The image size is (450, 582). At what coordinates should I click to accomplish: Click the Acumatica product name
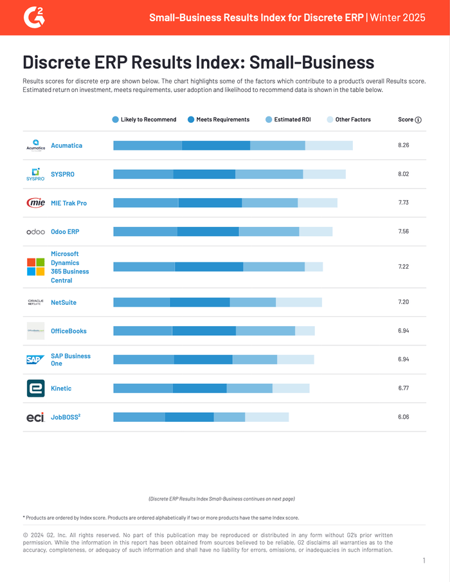pyautogui.click(x=66, y=145)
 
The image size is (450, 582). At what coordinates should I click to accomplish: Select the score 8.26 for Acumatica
pyautogui.click(x=404, y=145)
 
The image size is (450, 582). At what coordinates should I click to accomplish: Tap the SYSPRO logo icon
pyautogui.click(x=35, y=174)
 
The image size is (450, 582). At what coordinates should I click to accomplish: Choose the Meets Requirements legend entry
pyautogui.click(x=219, y=120)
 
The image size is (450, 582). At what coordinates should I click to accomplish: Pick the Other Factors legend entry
pyautogui.click(x=349, y=120)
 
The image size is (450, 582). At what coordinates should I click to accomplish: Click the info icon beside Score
pyautogui.click(x=419, y=120)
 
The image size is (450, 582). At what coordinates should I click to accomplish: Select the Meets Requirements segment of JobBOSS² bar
pyautogui.click(x=189, y=417)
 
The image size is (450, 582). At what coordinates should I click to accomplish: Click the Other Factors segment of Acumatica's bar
pyautogui.click(x=328, y=145)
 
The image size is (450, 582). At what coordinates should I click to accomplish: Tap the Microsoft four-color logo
pyautogui.click(x=35, y=267)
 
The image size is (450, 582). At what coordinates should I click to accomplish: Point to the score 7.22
pyautogui.click(x=404, y=266)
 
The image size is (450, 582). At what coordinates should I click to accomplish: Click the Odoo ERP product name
pyautogui.click(x=65, y=232)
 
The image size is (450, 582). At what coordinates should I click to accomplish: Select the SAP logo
pyautogui.click(x=35, y=359)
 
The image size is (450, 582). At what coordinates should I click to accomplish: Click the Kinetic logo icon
pyautogui.click(x=35, y=388)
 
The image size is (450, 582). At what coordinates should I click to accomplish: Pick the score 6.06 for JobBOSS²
pyautogui.click(x=404, y=417)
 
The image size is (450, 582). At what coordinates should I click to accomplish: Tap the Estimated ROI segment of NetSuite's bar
pyautogui.click(x=253, y=302)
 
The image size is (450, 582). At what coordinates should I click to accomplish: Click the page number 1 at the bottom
pyautogui.click(x=424, y=561)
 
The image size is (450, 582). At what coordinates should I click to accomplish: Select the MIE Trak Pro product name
pyautogui.click(x=69, y=203)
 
